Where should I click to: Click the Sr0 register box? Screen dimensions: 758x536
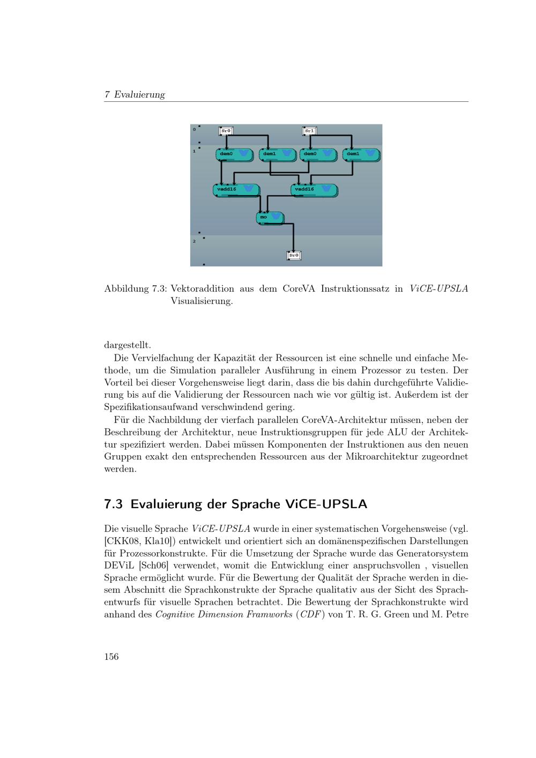[226, 131]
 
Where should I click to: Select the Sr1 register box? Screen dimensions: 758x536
[310, 131]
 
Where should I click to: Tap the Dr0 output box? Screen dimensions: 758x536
[294, 256]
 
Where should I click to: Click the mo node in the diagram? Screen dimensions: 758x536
[270, 218]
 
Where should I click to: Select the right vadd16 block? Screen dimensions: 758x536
[314, 190]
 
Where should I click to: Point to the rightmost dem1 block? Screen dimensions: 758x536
[361, 154]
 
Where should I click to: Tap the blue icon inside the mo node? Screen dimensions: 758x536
[276, 217]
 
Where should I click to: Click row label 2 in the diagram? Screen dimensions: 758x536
[194, 241]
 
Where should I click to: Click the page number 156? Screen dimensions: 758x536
[111, 657]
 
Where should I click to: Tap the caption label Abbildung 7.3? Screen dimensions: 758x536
[136, 289]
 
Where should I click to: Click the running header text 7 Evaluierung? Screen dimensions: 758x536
[135, 95]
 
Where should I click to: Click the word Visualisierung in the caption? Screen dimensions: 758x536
[202, 301]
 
